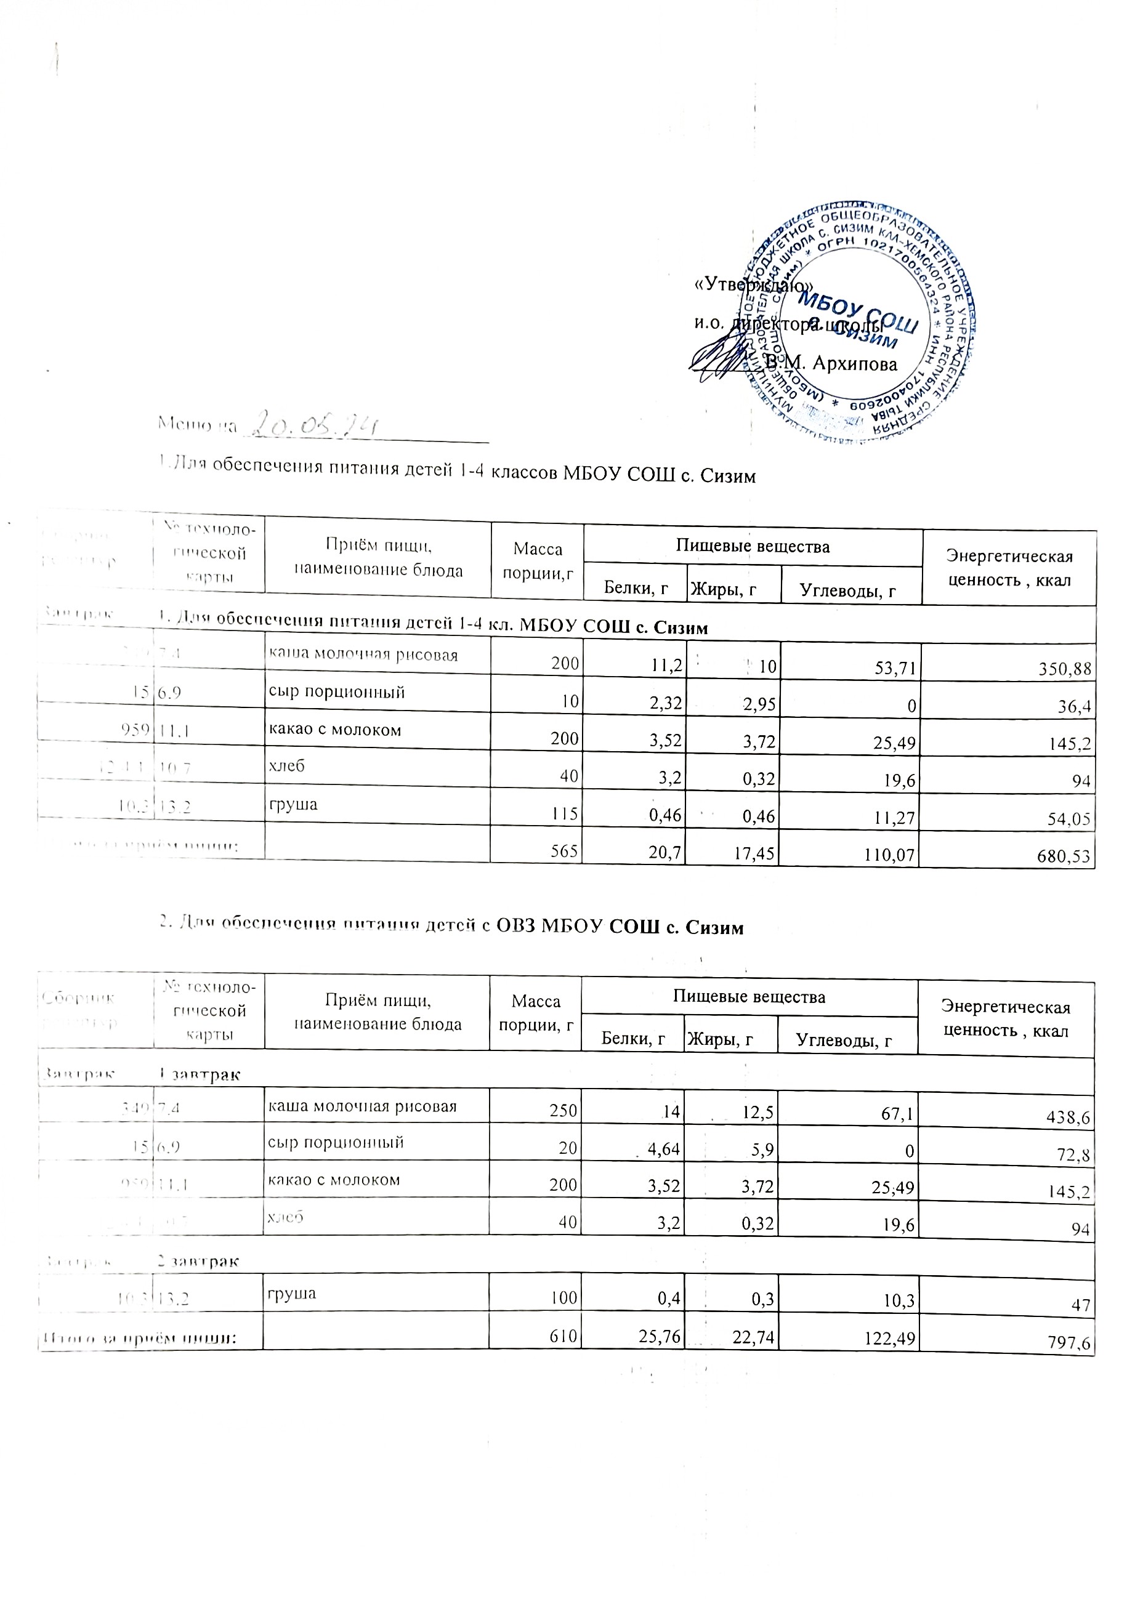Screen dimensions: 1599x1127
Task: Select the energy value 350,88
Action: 1059,670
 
